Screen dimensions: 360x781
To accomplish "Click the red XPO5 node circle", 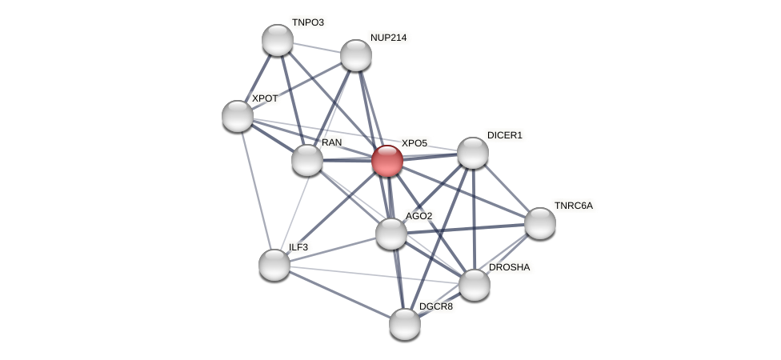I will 387,161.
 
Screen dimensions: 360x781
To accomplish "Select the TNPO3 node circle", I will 278,40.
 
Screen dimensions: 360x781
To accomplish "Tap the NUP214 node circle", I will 356,55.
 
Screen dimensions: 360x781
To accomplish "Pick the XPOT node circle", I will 238,116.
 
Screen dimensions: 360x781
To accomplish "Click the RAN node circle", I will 307,160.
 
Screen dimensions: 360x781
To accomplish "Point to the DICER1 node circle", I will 473,153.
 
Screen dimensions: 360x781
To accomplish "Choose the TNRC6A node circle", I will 540,223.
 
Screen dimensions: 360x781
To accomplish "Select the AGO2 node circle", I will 391,234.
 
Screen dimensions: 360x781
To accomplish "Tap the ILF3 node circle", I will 274,265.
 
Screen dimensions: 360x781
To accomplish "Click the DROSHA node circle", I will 475,285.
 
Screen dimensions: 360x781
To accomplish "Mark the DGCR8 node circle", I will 405,324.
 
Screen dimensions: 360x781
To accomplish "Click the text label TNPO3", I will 307,22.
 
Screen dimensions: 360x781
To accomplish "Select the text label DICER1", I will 505,135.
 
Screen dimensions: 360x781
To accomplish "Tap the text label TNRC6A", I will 574,206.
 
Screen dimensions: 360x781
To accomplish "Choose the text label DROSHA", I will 509,267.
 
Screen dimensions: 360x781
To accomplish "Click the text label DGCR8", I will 436,306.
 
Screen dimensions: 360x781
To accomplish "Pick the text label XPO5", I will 415,143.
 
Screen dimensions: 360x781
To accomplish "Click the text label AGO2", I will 419,216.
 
